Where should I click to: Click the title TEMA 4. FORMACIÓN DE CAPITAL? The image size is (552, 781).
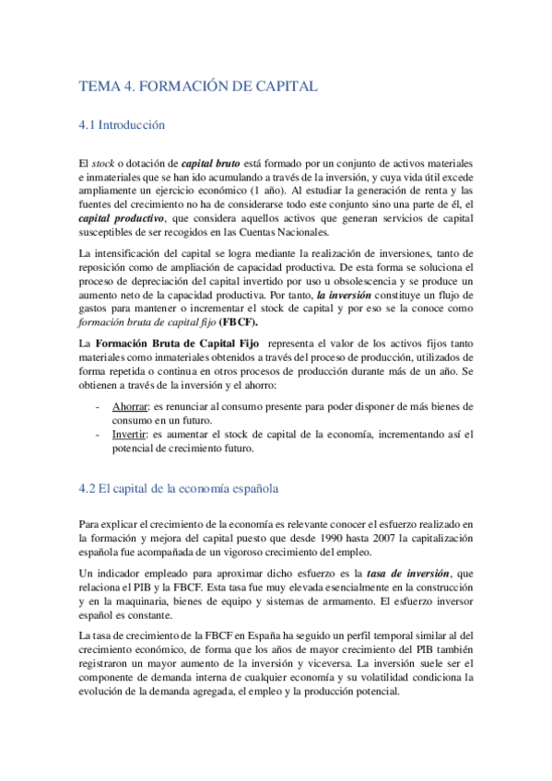pos(198,87)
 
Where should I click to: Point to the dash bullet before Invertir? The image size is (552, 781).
pos(98,434)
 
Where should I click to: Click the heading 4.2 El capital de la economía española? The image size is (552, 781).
pos(178,488)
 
